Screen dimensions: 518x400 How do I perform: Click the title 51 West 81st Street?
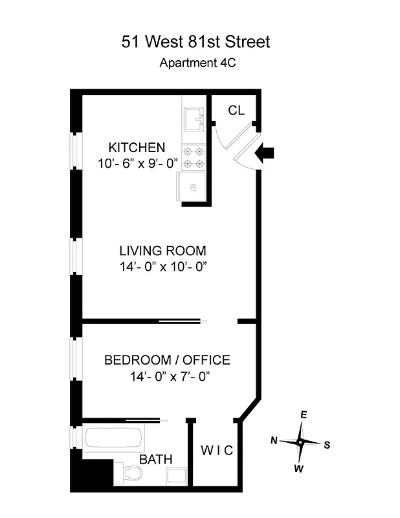(196, 42)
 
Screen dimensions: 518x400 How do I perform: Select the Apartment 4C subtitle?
(196, 63)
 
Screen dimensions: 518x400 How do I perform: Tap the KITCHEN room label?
(137, 147)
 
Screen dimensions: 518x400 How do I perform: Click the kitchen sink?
(194, 119)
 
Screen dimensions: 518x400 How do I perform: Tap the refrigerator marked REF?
(192, 188)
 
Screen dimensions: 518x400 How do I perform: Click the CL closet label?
(236, 111)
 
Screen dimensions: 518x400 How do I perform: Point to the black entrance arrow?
(265, 153)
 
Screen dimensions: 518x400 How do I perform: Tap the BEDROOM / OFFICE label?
(167, 360)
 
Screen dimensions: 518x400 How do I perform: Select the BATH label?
(156, 459)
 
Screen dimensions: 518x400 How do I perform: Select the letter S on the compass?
(327, 445)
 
